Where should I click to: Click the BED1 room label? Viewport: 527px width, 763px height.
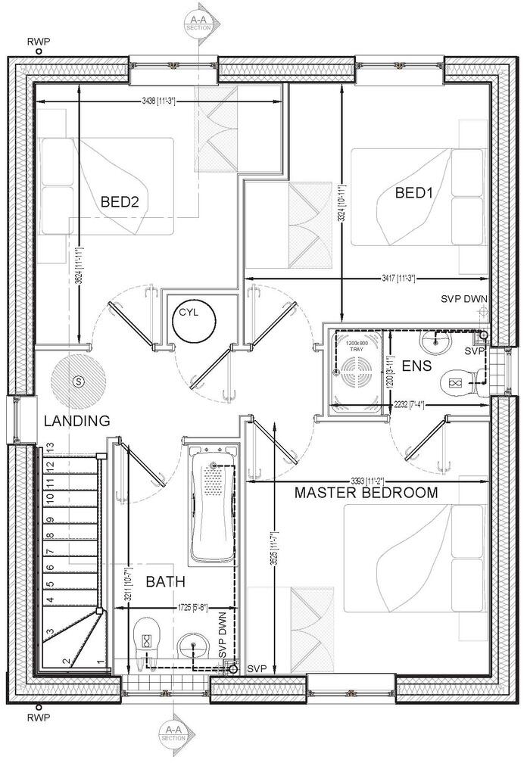pos(413,193)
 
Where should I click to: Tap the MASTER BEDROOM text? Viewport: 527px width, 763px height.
pos(366,493)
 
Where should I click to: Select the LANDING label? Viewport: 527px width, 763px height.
pos(76,421)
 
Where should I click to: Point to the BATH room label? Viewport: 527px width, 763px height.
pos(165,582)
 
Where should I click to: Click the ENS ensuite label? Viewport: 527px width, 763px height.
pos(416,367)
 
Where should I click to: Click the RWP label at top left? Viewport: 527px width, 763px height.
pos(38,40)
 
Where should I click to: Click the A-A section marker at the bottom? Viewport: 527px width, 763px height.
pos(173,731)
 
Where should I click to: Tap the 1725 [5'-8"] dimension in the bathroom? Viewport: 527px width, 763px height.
pos(195,608)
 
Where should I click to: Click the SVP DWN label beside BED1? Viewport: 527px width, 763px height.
pos(464,299)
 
